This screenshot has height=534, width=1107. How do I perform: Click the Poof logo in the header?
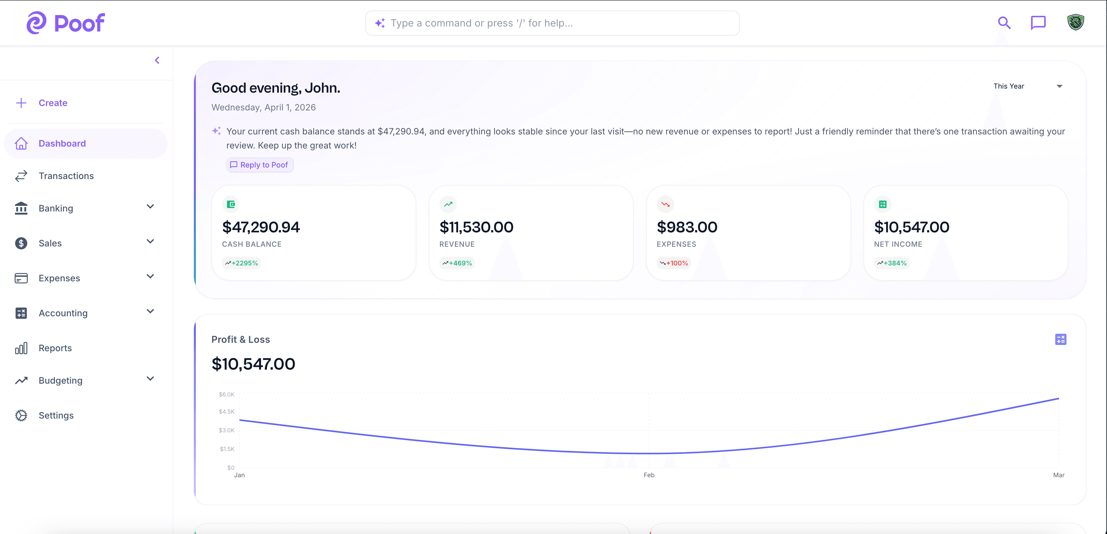click(66, 23)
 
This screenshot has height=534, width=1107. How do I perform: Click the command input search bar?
click(552, 23)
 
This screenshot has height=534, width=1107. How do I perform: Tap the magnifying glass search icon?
click(1004, 23)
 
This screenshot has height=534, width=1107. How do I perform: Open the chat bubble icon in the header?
click(1038, 23)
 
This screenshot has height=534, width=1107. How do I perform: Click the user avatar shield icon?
click(1075, 22)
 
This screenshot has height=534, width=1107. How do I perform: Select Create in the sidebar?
click(53, 103)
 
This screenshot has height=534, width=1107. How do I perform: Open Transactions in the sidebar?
click(66, 176)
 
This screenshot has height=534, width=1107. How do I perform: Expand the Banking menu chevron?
click(150, 207)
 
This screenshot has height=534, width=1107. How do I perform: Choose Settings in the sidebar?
click(56, 415)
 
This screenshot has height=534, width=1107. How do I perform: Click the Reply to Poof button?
click(260, 165)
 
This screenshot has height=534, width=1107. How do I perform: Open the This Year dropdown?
click(1027, 86)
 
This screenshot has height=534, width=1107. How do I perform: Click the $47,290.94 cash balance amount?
click(261, 227)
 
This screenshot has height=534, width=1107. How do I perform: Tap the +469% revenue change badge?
click(457, 263)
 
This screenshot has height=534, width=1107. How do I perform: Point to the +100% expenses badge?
click(674, 263)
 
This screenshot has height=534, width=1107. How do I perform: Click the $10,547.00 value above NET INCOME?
click(911, 227)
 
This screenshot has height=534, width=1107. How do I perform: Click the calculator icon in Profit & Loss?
click(1060, 340)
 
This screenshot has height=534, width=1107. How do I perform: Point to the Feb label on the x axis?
click(649, 475)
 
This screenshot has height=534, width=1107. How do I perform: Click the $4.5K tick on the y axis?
click(226, 411)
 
